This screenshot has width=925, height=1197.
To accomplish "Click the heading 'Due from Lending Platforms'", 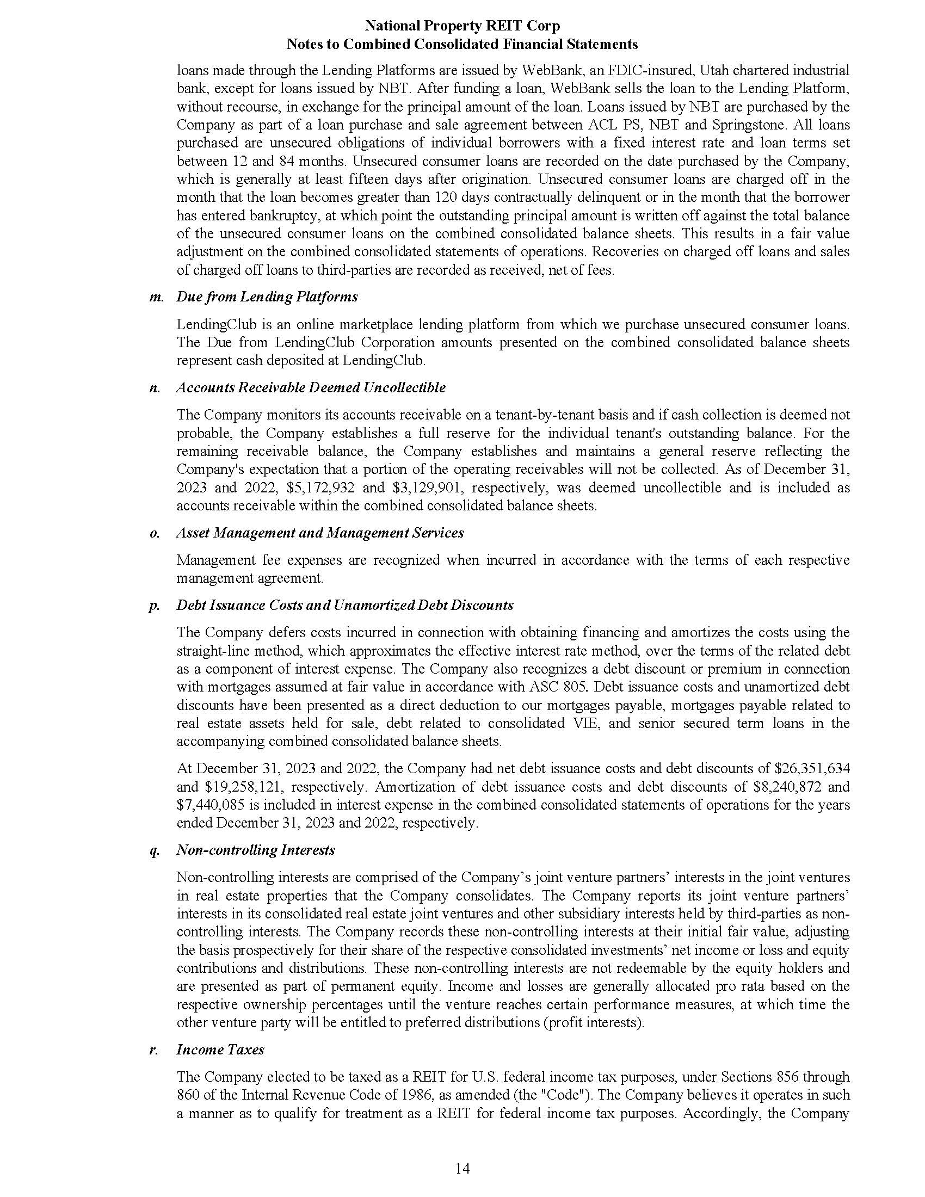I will pos(267,297).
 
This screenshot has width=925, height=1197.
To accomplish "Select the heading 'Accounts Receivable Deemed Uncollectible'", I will pos(311,387).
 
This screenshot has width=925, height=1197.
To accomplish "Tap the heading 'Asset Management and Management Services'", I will pos(320,533).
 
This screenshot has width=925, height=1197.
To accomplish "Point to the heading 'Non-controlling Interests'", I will pos(255,850).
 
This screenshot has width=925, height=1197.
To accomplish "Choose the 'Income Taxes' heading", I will pos(220,1050).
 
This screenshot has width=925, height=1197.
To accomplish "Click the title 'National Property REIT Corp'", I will pos(462,26).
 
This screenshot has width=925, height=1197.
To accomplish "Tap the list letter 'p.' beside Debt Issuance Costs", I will pos(154,606).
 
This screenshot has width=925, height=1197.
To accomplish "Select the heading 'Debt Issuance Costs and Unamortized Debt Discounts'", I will pos(344,605).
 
